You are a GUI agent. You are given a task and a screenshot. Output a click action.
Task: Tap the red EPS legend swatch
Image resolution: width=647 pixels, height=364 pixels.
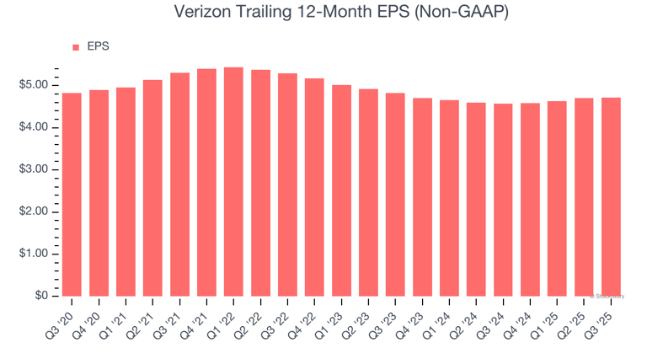76,47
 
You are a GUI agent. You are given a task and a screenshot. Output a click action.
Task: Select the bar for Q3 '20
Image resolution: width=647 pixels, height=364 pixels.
72,194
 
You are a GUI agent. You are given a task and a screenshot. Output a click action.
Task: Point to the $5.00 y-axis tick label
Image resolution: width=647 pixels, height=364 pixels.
33,85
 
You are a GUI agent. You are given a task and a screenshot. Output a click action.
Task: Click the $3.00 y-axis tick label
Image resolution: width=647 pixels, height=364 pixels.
33,169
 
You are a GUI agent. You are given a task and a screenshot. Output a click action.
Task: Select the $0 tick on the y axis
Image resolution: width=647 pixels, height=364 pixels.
40,296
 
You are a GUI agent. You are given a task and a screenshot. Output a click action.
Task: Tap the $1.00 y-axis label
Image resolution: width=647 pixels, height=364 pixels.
33,254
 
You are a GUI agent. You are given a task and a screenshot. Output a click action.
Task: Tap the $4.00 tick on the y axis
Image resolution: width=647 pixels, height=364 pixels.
33,127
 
